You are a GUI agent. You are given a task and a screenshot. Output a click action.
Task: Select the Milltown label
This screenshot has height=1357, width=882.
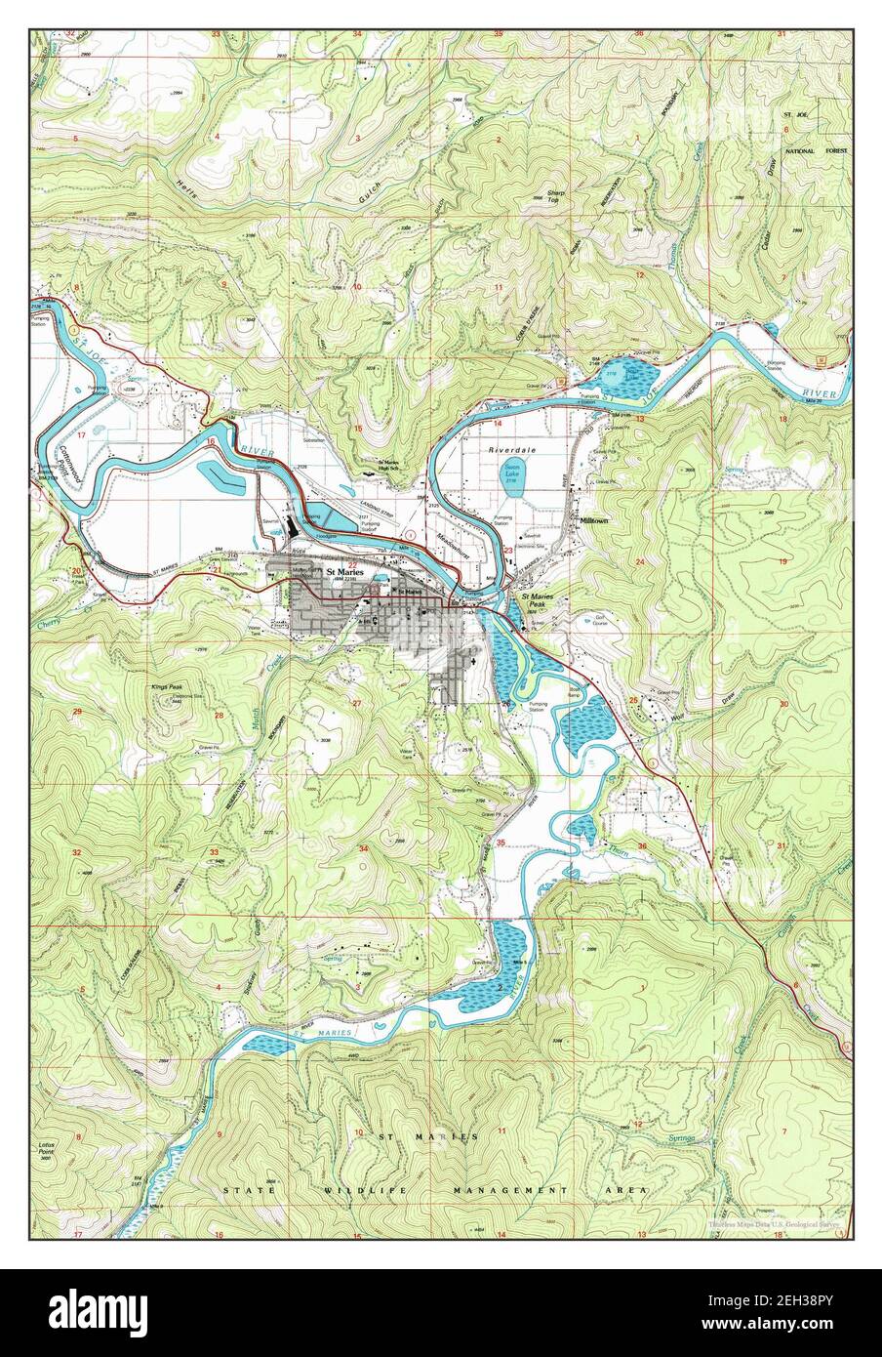(594, 522)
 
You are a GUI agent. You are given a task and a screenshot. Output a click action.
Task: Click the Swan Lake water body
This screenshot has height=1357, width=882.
(511, 478)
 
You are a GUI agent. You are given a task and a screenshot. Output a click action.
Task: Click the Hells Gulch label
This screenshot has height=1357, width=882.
(273, 195)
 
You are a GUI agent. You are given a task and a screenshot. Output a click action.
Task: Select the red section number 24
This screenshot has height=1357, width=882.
(640, 563)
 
